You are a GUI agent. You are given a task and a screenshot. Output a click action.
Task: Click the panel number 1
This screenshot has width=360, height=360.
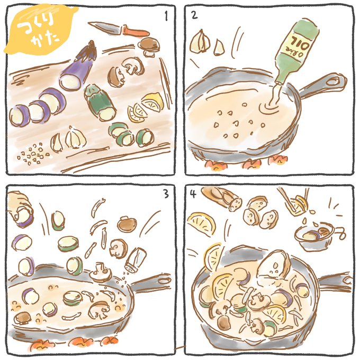click(166, 16)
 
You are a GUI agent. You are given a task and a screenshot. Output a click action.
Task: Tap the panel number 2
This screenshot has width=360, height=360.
click(194, 15)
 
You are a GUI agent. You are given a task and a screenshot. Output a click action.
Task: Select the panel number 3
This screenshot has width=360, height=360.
click(166, 193)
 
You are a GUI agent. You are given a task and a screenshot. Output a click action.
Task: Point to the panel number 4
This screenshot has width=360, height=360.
click(193, 194)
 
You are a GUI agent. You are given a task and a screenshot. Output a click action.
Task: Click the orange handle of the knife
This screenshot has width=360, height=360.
click(136, 31)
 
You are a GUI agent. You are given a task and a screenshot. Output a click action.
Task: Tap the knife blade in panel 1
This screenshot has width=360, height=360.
click(105, 27)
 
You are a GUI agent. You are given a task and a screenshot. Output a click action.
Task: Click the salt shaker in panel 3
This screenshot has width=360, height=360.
click(136, 259)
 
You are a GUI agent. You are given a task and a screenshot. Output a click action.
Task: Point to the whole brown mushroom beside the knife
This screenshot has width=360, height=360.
click(149, 47)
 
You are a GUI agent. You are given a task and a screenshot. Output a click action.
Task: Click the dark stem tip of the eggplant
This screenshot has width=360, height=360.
click(92, 44)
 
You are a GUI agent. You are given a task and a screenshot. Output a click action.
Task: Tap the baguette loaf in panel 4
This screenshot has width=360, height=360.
click(221, 198)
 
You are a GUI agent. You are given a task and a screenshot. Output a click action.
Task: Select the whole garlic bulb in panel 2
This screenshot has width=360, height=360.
click(200, 42)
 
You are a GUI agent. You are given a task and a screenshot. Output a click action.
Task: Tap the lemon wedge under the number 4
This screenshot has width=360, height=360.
click(202, 223)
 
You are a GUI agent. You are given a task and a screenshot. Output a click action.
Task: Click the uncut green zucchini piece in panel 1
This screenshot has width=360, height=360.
click(100, 102)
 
